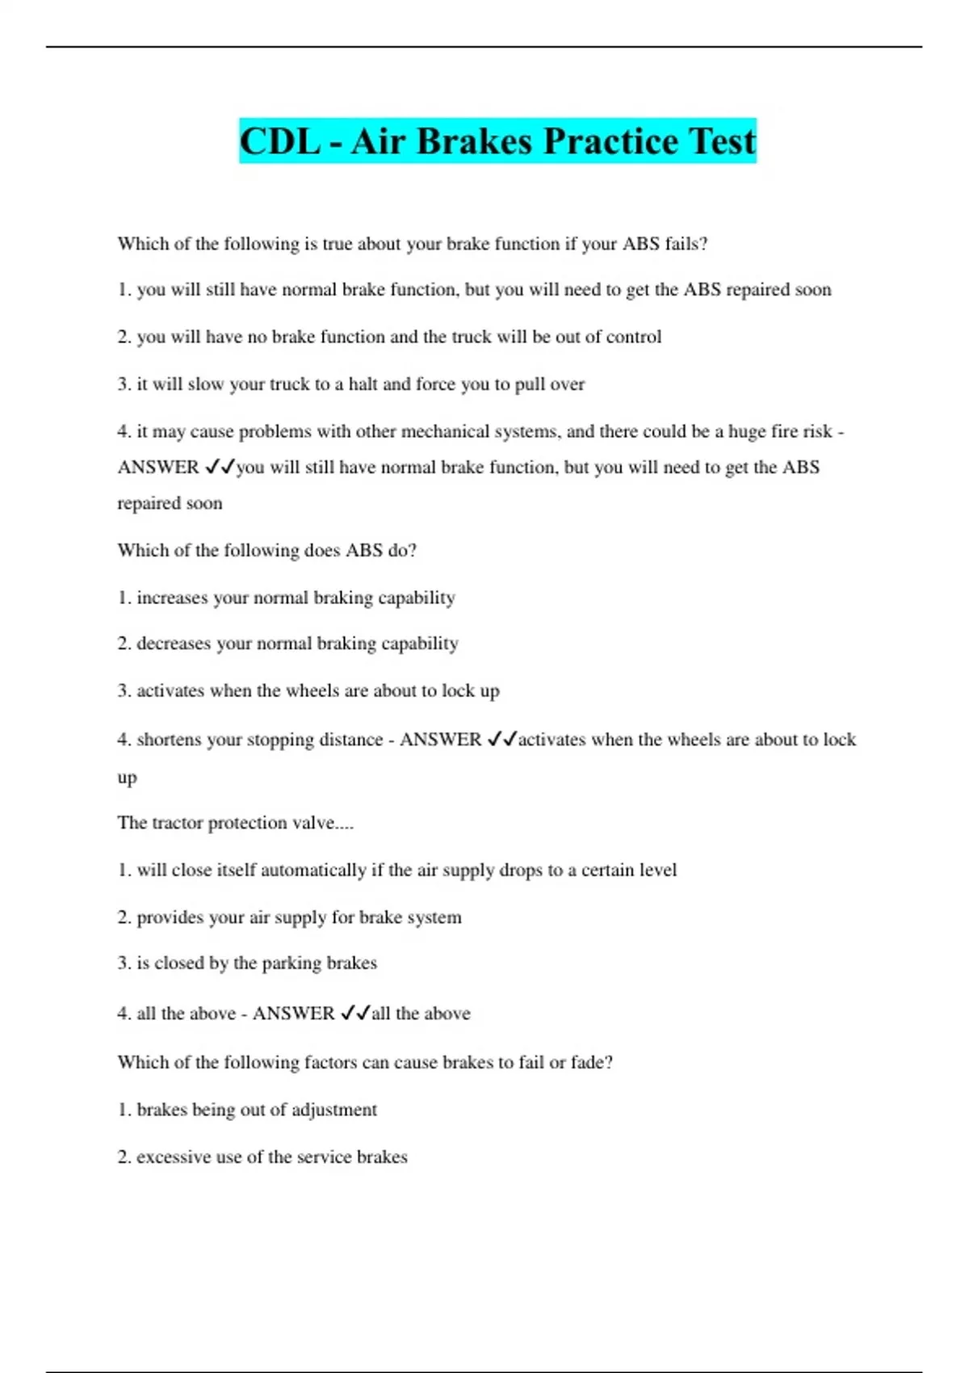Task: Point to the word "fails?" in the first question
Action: (686, 244)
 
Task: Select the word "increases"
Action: (172, 598)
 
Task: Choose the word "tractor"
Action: (177, 823)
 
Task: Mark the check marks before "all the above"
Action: (355, 1013)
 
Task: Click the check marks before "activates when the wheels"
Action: (501, 739)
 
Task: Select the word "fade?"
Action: (592, 1062)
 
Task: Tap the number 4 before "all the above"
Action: (123, 1014)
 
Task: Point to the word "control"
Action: (633, 337)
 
